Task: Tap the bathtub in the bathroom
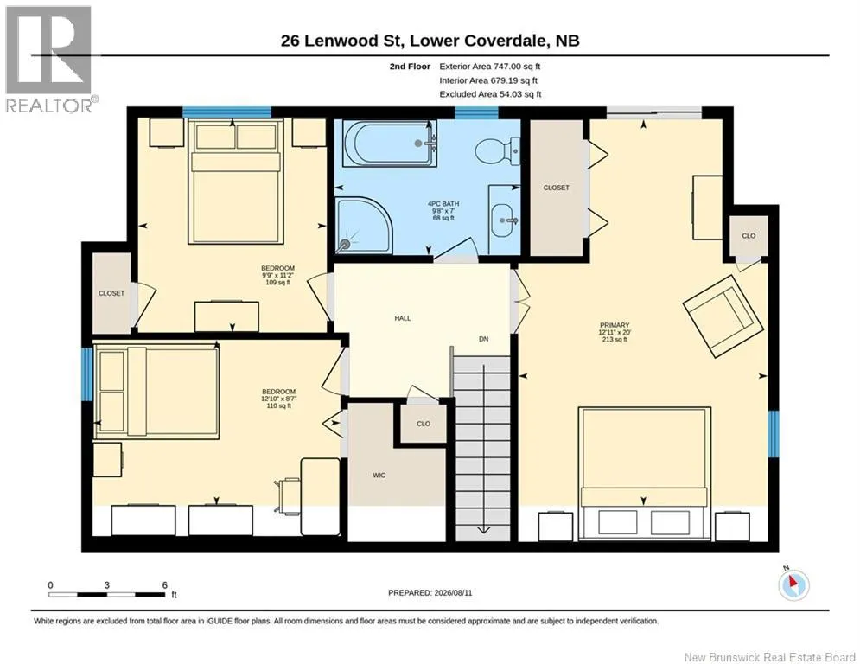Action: point(390,144)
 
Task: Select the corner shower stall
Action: point(364,226)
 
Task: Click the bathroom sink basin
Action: point(504,220)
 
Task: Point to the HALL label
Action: point(403,318)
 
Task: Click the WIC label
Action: point(379,476)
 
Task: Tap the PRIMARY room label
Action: point(615,325)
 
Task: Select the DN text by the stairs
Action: point(483,339)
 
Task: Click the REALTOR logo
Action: point(48,60)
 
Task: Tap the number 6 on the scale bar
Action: point(164,585)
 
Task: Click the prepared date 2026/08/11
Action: point(453,592)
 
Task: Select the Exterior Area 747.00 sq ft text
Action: point(490,67)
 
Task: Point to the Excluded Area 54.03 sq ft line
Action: point(490,94)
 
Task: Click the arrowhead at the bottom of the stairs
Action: point(483,529)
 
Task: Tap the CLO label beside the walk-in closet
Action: point(424,424)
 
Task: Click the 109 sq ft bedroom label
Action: point(277,283)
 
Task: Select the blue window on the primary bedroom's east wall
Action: point(774,434)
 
